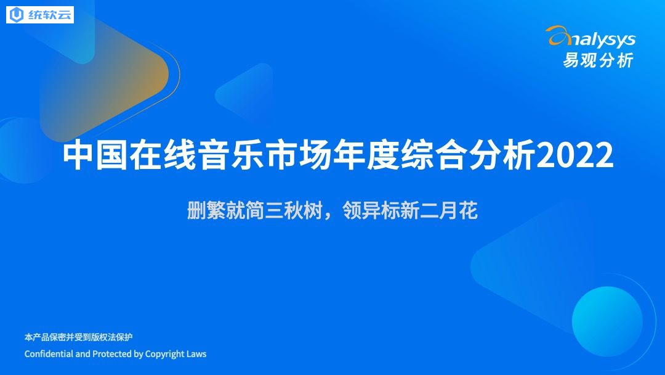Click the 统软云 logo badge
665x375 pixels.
click(40, 15)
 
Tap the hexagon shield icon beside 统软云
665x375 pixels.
click(17, 15)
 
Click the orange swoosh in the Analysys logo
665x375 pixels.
click(559, 36)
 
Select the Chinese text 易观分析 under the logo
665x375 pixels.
click(598, 60)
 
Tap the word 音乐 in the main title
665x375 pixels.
click(231, 155)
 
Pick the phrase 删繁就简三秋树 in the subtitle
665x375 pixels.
click(255, 210)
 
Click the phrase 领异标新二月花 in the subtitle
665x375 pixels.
click(410, 210)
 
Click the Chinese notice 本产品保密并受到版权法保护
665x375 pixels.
click(78, 337)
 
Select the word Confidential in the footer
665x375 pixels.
click(49, 354)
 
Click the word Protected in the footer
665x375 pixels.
click(111, 354)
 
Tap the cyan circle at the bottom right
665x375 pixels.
click(607, 321)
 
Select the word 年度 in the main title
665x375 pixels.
click(366, 155)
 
